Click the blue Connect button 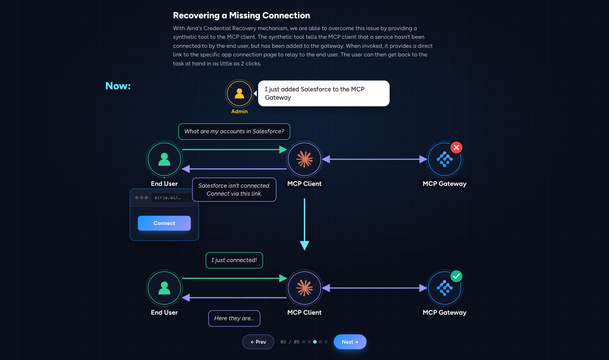click(164, 223)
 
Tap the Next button click(350, 342)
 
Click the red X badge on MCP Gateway click(456, 147)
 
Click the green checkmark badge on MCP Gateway click(456, 276)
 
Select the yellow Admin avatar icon click(239, 93)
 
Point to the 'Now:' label click(118, 86)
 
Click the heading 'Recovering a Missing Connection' click(242, 16)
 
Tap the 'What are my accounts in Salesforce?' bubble click(234, 132)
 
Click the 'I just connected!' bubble click(234, 260)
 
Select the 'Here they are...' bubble click(234, 318)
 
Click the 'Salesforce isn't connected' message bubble click(234, 190)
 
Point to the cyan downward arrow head click(304, 245)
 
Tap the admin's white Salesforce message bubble click(324, 93)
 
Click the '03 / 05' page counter click(290, 342)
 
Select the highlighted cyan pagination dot click(315, 342)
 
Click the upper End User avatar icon click(164, 159)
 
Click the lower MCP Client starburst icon click(304, 288)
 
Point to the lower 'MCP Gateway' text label click(445, 313)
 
